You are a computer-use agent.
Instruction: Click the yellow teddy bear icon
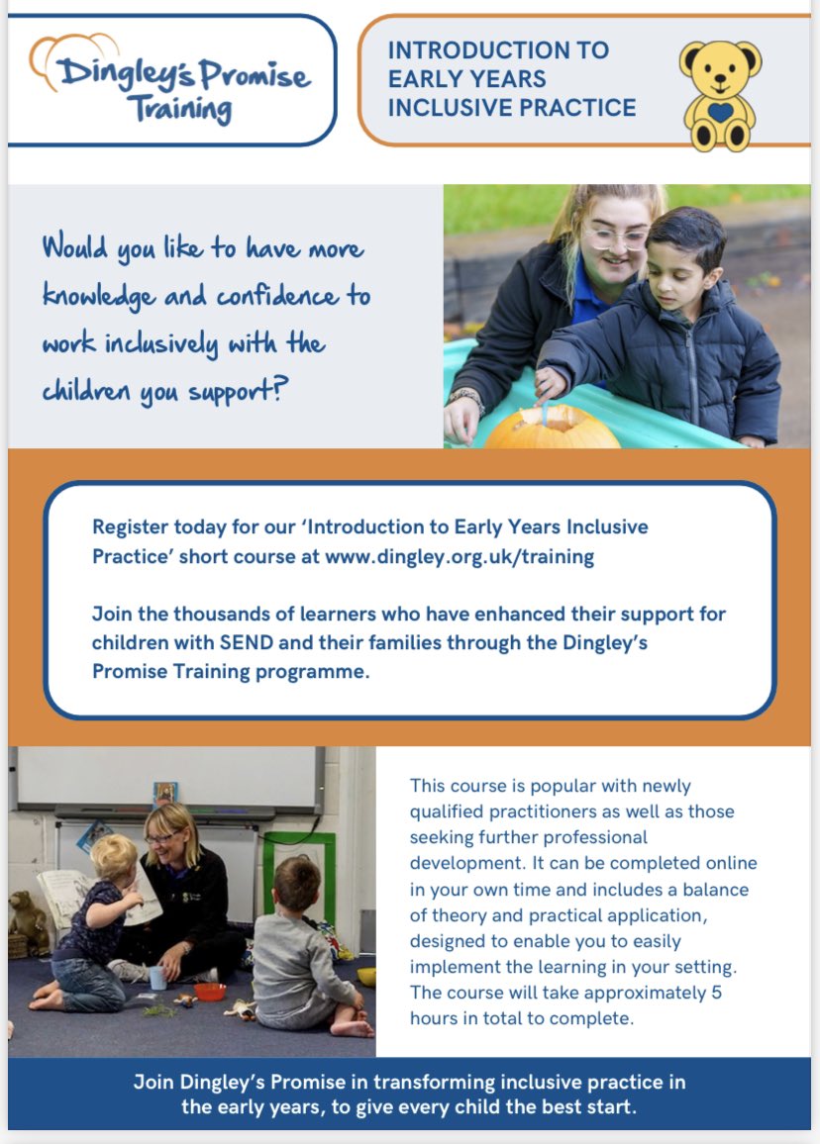pos(719,95)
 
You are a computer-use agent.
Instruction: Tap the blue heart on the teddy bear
pos(720,112)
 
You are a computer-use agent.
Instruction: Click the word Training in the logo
pos(185,106)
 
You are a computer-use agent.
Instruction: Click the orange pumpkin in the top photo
pos(539,427)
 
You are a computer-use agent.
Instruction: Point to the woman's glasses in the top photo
pos(614,238)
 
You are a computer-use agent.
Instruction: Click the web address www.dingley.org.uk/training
pos(460,556)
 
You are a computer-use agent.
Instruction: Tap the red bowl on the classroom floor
pos(210,991)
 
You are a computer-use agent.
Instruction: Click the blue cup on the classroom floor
pos(157,978)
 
